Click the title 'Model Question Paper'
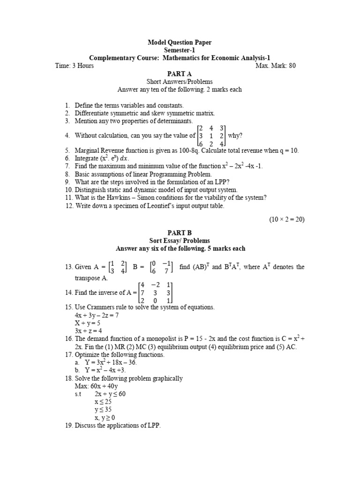[180, 42]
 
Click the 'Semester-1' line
[180, 50]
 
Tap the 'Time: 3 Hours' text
[74, 66]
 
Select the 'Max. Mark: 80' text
[276, 66]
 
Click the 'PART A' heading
[180, 74]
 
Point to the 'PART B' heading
[180, 232]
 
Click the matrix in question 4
[211, 136]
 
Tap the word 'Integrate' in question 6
[88, 158]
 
